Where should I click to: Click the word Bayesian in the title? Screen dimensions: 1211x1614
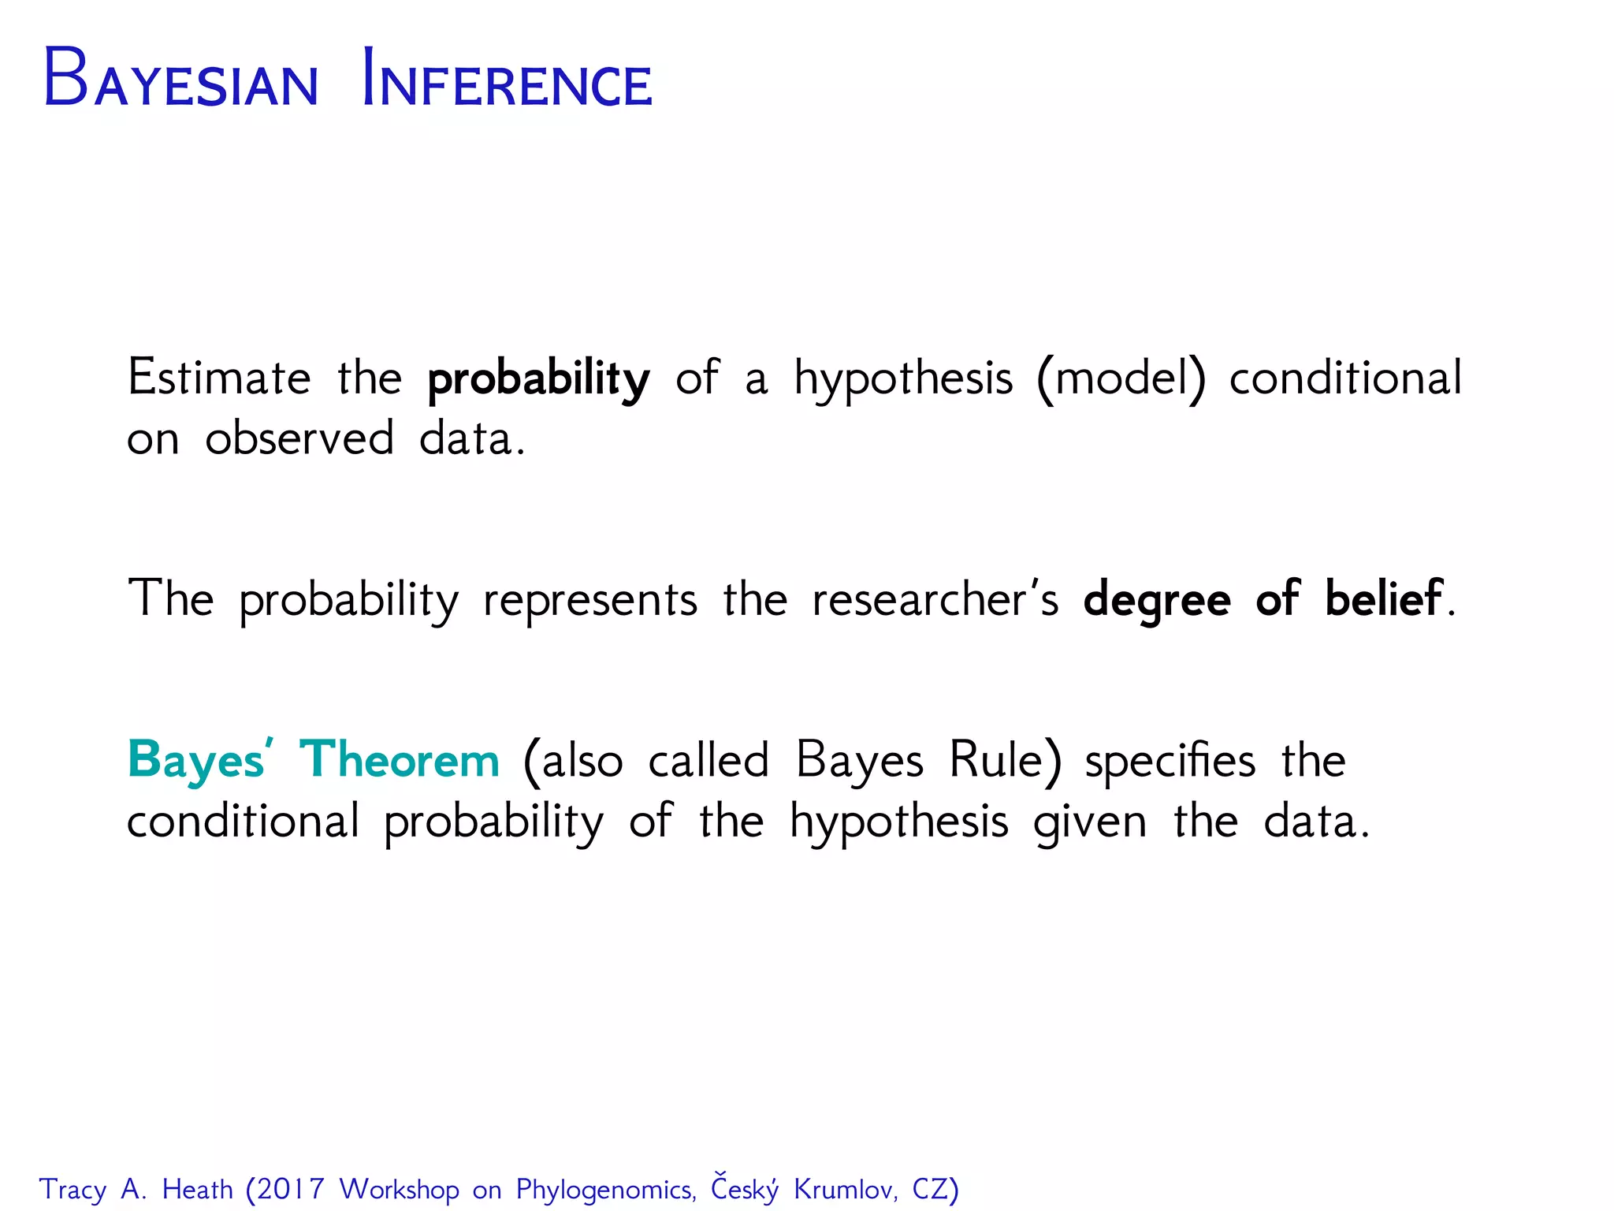180,80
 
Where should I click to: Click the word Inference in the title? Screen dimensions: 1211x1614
507,80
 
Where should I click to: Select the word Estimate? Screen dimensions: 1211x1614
219,378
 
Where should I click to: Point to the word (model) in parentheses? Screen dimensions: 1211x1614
1121,378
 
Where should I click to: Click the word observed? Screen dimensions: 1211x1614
299,438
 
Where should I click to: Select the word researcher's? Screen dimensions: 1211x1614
935,599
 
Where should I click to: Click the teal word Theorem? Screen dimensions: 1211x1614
400,760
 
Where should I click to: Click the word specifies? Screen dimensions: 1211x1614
1170,762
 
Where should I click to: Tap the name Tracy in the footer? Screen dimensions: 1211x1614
73,1190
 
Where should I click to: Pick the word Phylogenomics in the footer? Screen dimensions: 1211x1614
605,1190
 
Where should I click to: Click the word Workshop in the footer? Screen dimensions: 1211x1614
399,1189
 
